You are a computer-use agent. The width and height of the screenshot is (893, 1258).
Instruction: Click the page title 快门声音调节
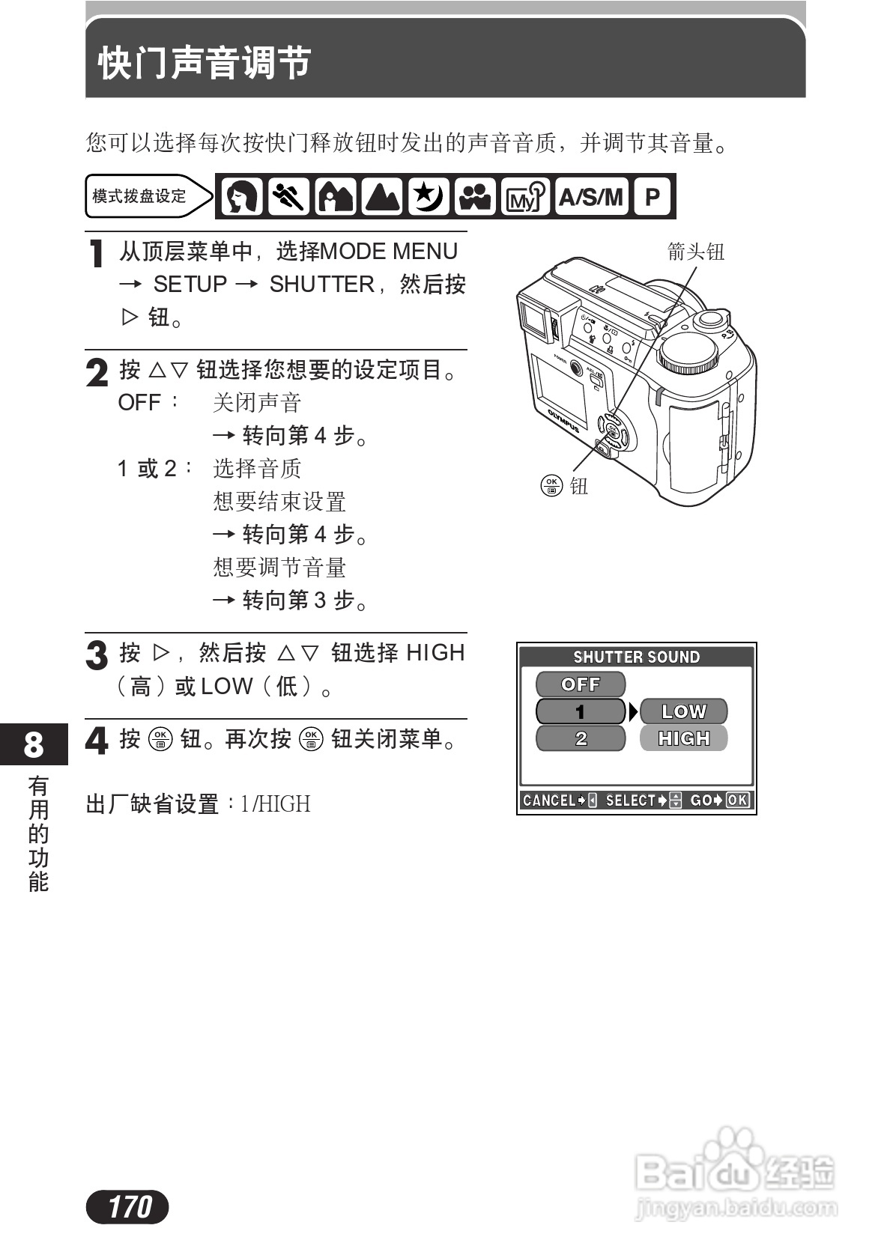tap(205, 62)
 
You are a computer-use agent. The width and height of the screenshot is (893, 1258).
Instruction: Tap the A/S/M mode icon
tap(591, 197)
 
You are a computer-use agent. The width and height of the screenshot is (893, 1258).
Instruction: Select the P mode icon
tap(652, 197)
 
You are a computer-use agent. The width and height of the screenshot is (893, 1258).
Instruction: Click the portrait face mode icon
tap(241, 197)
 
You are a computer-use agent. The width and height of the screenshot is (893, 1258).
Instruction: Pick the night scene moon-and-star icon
tap(429, 197)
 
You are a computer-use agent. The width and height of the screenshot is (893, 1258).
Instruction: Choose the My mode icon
tap(524, 197)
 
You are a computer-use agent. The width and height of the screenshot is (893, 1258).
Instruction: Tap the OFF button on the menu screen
tap(580, 684)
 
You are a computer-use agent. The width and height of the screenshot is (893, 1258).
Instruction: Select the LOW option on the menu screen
tap(683, 711)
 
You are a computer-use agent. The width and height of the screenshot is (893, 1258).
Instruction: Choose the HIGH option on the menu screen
tap(683, 738)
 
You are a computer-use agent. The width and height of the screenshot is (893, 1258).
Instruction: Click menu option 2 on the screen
tap(580, 739)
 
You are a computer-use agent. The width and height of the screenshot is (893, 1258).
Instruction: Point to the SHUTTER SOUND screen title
tap(636, 657)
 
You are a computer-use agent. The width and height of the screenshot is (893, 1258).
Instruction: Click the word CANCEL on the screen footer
tap(549, 800)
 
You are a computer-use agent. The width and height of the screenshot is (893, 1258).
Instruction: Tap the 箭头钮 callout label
tap(695, 252)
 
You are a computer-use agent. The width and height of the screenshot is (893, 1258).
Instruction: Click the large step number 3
tap(97, 655)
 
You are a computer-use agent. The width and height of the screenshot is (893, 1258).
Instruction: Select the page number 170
tap(128, 1206)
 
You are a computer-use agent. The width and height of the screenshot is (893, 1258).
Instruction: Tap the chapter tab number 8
tap(34, 744)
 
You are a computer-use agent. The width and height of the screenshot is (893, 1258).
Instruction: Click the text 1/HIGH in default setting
tap(275, 804)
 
